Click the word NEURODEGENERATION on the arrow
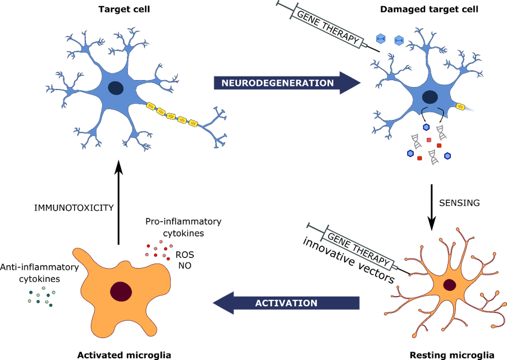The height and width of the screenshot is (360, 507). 278,83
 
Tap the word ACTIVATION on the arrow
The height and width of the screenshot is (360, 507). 286,303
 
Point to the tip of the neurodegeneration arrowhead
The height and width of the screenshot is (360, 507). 361,83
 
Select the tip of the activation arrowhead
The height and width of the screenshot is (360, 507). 213,303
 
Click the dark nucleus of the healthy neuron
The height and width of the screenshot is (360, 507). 116,88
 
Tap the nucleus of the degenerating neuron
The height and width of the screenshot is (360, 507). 429,97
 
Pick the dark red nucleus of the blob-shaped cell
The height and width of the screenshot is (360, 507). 121,291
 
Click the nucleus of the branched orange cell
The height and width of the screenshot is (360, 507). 450,284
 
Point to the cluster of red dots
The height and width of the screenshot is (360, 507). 159,250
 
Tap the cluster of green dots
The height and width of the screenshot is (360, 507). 42,297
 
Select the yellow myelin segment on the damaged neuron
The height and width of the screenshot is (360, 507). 460,106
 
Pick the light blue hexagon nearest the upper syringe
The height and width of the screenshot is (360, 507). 380,39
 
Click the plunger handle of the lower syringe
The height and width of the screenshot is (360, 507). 309,227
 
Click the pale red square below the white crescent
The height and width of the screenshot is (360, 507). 429,140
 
